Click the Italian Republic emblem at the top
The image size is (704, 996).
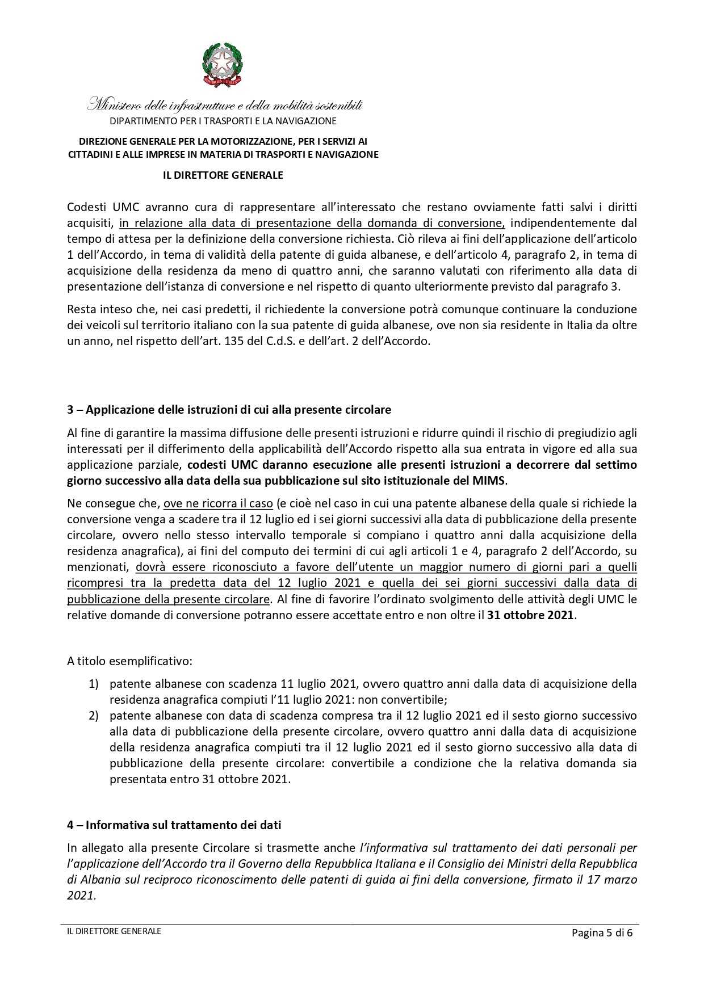pos(222,65)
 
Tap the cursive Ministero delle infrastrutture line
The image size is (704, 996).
pos(225,106)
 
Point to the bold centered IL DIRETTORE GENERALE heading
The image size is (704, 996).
pos(223,175)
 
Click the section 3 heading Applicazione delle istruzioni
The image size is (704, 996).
pos(229,410)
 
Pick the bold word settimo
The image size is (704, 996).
pos(616,465)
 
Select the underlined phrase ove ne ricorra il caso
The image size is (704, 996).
pos(218,503)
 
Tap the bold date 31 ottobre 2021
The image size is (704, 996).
pos(530,615)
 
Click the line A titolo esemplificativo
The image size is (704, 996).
pos(129,661)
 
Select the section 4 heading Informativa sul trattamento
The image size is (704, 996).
pos(174,825)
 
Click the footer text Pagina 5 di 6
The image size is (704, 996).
pos(602,933)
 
